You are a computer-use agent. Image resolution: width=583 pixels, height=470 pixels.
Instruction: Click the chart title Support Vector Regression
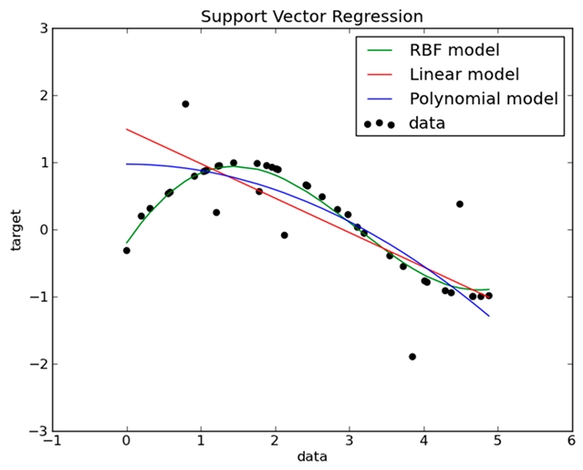[311, 16]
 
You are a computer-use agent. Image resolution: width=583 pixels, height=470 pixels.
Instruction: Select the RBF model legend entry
[454, 48]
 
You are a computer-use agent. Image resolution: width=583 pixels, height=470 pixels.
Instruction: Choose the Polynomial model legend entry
[484, 98]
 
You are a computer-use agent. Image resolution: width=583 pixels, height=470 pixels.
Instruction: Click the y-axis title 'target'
[16, 229]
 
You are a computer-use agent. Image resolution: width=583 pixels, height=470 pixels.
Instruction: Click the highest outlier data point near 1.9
[185, 104]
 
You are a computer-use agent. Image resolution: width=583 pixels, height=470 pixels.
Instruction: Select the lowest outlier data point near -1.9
[412, 357]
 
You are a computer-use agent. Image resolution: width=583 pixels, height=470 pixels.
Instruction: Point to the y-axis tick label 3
[42, 28]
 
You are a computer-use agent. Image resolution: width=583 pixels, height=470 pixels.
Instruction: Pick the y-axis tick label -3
[39, 431]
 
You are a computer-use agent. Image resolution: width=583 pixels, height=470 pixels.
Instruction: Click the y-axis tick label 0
[42, 230]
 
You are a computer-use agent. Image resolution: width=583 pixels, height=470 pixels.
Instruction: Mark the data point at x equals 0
[127, 250]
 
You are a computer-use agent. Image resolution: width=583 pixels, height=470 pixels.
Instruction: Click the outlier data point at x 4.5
[460, 204]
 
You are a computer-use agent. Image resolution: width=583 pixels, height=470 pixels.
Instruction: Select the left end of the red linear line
[127, 129]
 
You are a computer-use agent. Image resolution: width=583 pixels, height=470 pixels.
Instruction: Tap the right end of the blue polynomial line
[489, 316]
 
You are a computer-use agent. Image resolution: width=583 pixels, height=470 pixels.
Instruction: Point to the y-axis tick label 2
[42, 96]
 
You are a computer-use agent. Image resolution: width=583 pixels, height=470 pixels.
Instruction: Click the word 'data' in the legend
[428, 122]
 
